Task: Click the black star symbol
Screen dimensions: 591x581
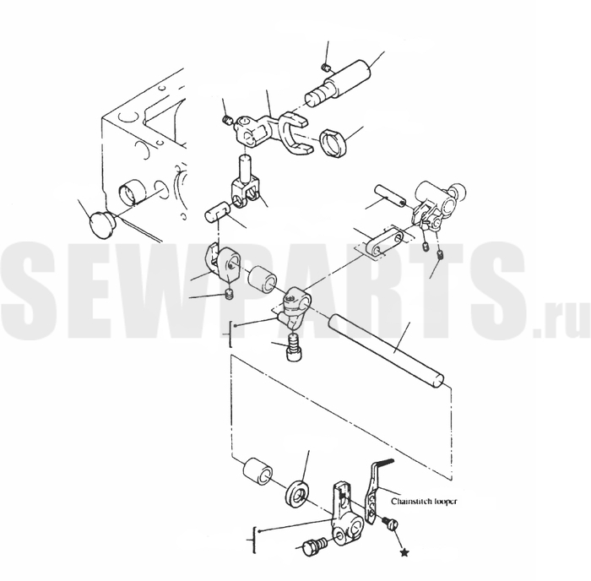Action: pos(404,553)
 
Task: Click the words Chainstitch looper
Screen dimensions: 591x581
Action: pos(424,502)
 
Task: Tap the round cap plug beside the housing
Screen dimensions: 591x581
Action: pos(101,225)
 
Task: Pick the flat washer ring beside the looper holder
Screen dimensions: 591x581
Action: pos(297,495)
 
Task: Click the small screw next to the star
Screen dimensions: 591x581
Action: pos(389,523)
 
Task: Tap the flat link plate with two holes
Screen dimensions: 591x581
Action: pos(386,243)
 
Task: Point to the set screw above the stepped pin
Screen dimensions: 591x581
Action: pos(326,68)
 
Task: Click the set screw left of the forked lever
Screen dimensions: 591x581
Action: pos(228,121)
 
